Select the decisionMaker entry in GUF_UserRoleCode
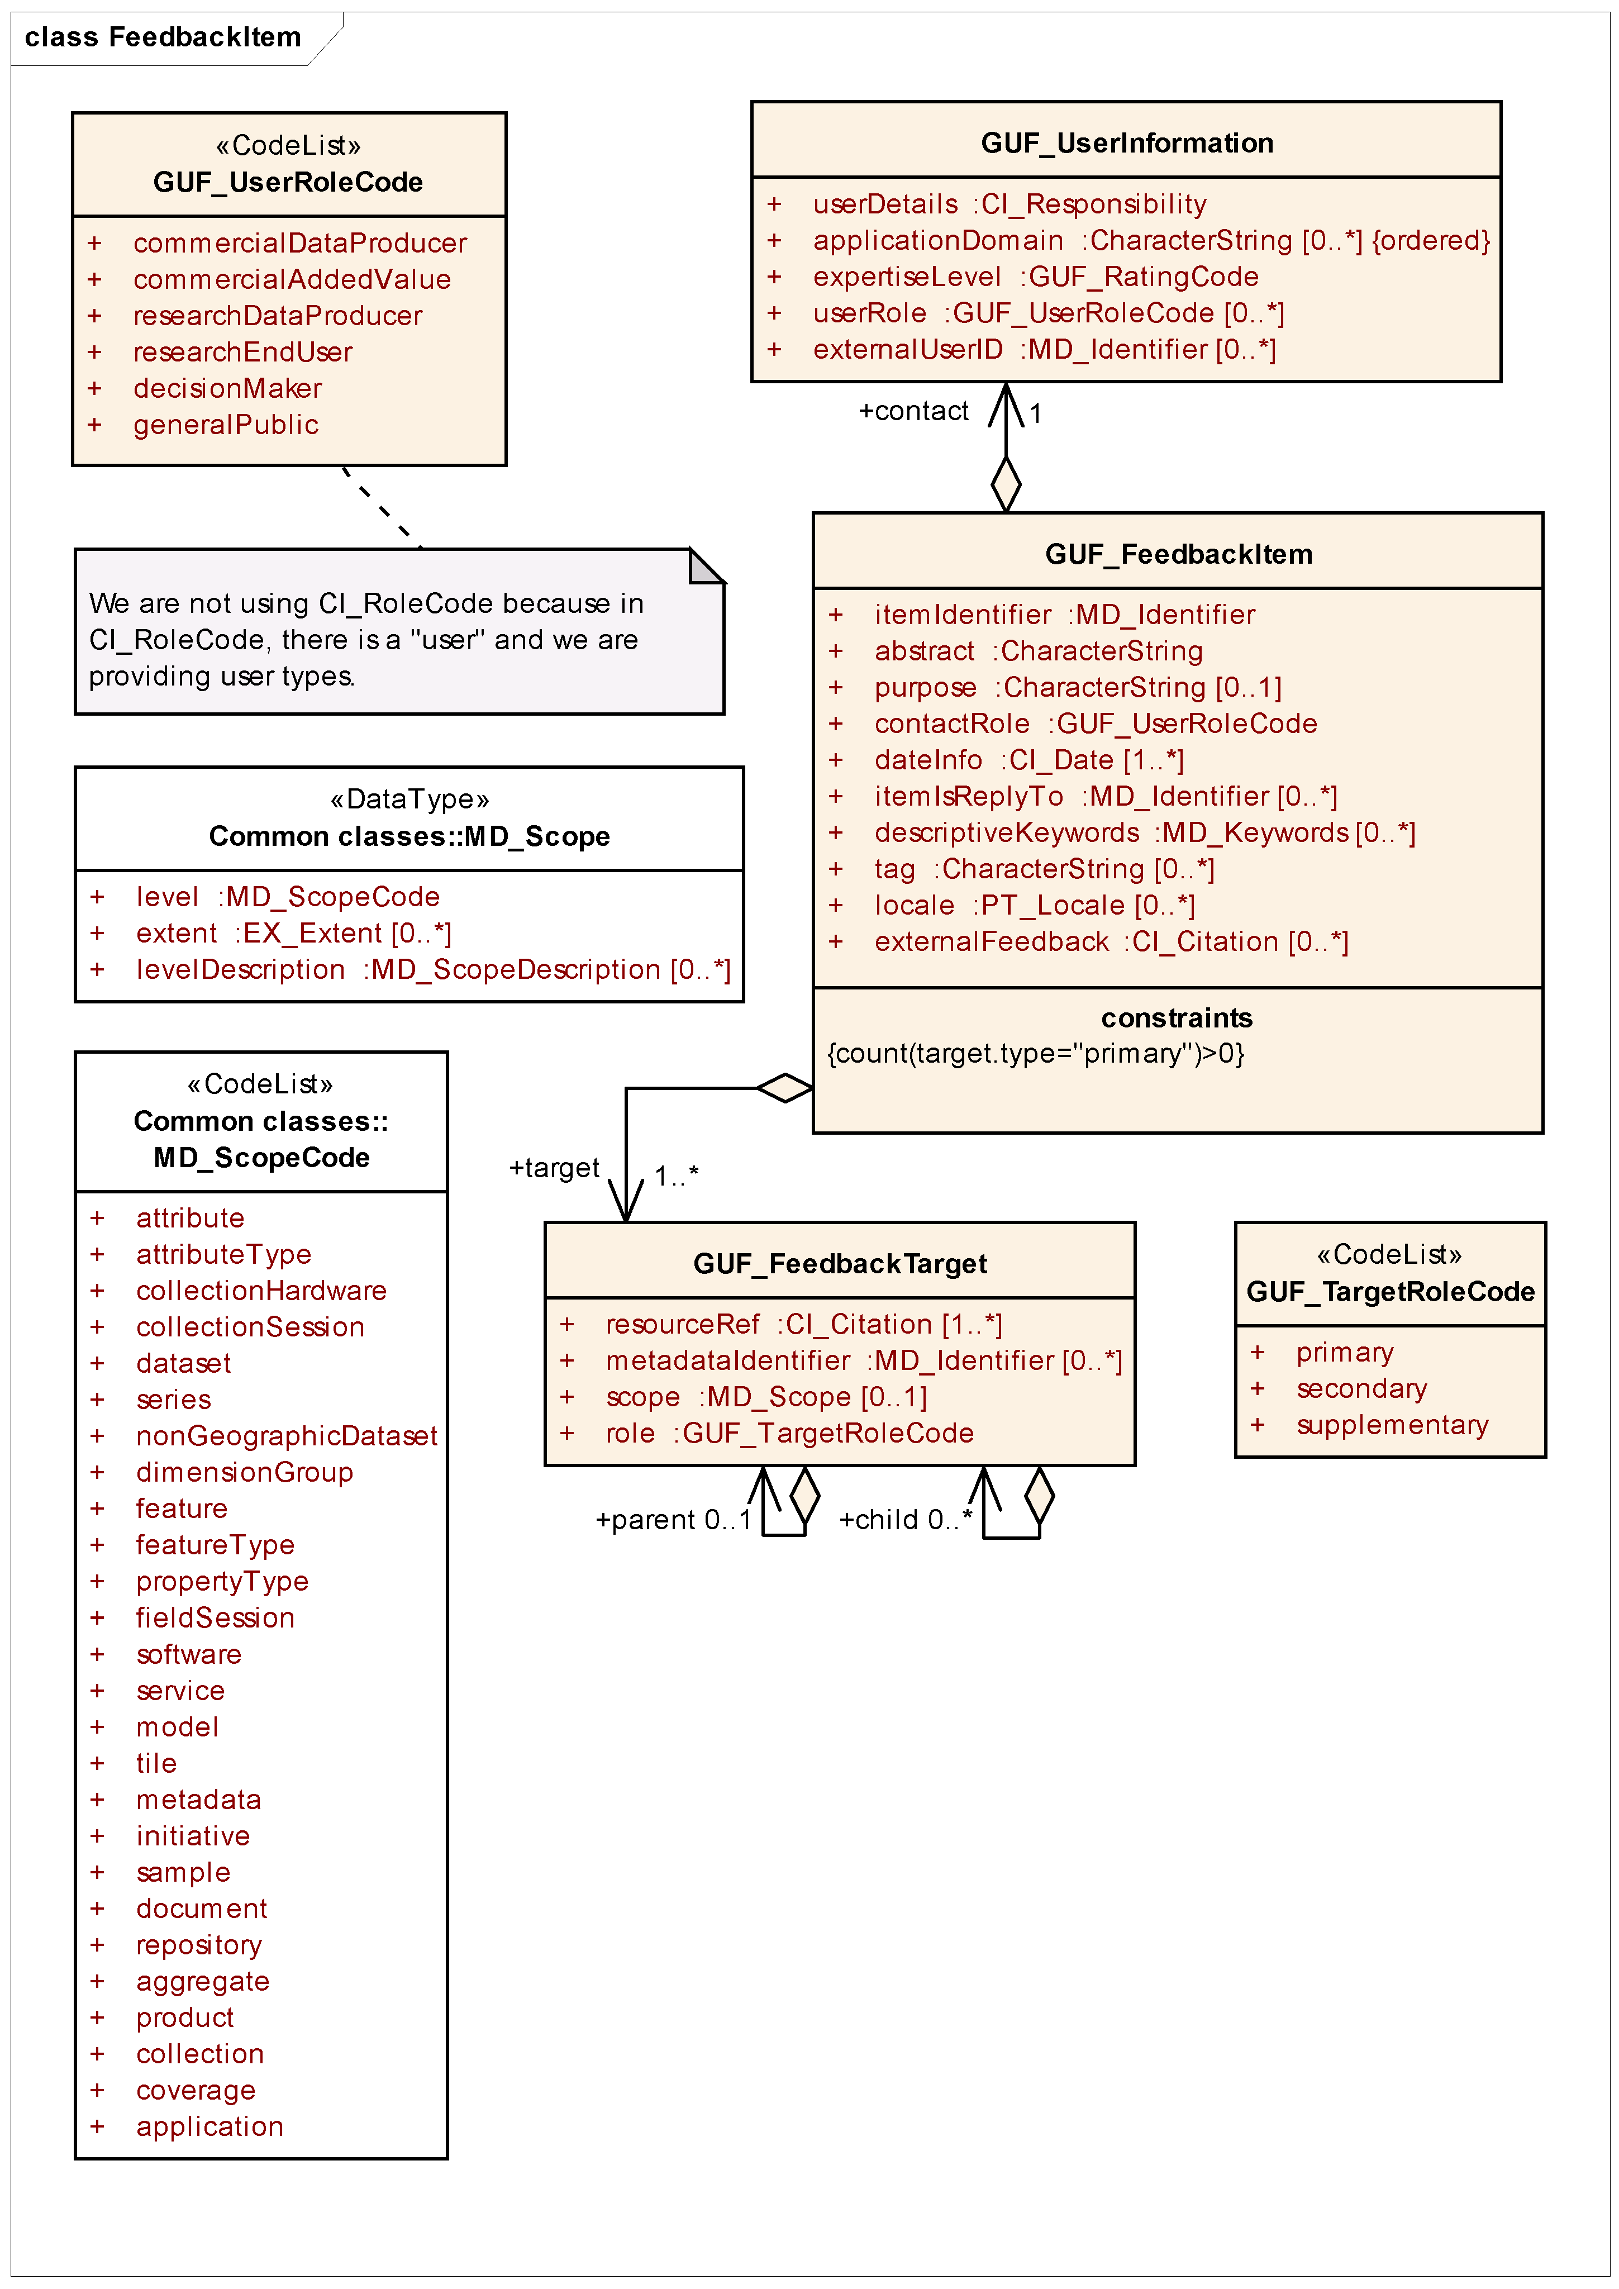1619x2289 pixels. (227, 389)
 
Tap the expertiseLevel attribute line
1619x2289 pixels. (1035, 277)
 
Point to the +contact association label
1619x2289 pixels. (913, 411)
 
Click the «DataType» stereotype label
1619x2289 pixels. (409, 800)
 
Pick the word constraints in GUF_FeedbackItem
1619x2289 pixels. (1177, 1018)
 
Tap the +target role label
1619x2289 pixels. (554, 1168)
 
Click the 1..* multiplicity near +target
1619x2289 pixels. (676, 1177)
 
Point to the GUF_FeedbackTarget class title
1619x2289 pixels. (840, 1264)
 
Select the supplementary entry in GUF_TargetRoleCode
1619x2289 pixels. (1392, 1426)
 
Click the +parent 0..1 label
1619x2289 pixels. (673, 1520)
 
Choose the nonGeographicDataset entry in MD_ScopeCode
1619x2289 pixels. (286, 1436)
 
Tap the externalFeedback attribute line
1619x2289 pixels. (1111, 942)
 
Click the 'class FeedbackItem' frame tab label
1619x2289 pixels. (163, 38)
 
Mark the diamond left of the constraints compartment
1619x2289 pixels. (784, 1088)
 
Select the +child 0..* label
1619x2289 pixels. (905, 1520)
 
